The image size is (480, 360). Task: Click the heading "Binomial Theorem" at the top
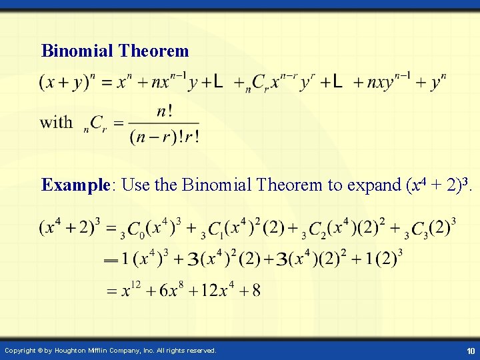pos(115,51)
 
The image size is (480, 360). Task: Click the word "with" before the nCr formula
pos(56,122)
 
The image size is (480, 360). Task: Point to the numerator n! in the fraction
pos(163,111)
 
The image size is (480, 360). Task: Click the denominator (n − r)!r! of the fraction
pos(164,136)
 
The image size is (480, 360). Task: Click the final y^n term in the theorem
pos(438,83)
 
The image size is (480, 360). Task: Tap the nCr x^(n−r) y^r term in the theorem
pos(273,83)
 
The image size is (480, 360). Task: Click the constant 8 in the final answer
pos(257,291)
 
